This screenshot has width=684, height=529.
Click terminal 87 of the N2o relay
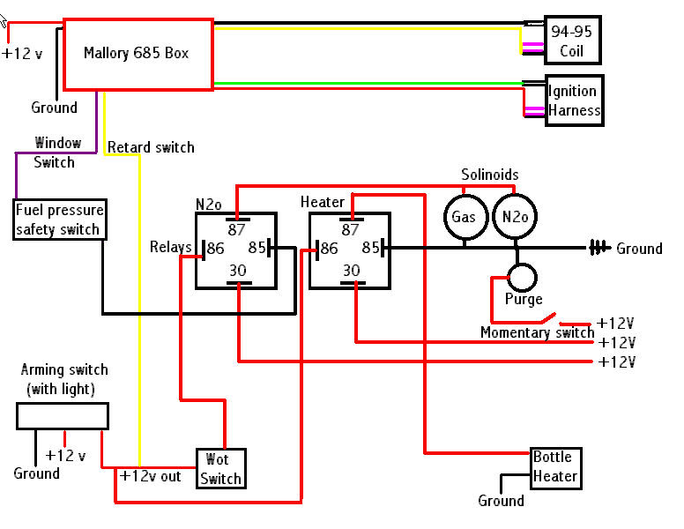[x=237, y=225]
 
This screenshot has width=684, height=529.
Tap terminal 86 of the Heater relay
[x=327, y=250]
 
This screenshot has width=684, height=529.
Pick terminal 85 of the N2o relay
[x=259, y=248]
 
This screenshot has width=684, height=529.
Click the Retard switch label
[x=151, y=147]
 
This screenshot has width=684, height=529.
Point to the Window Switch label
[x=56, y=153]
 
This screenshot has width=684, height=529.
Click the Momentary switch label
[x=538, y=332]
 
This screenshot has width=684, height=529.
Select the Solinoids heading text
[x=490, y=175]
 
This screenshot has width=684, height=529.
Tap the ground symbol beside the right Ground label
[x=598, y=248]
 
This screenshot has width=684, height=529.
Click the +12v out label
[x=150, y=476]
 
